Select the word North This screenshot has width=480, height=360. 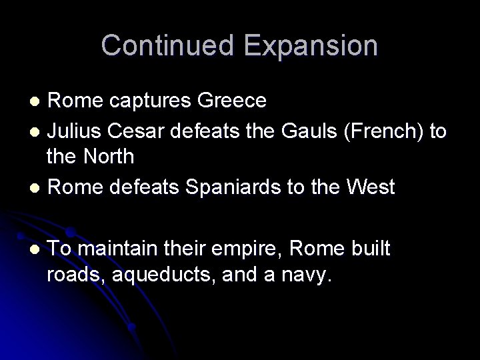[109, 157]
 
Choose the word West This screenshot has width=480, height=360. [371, 186]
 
